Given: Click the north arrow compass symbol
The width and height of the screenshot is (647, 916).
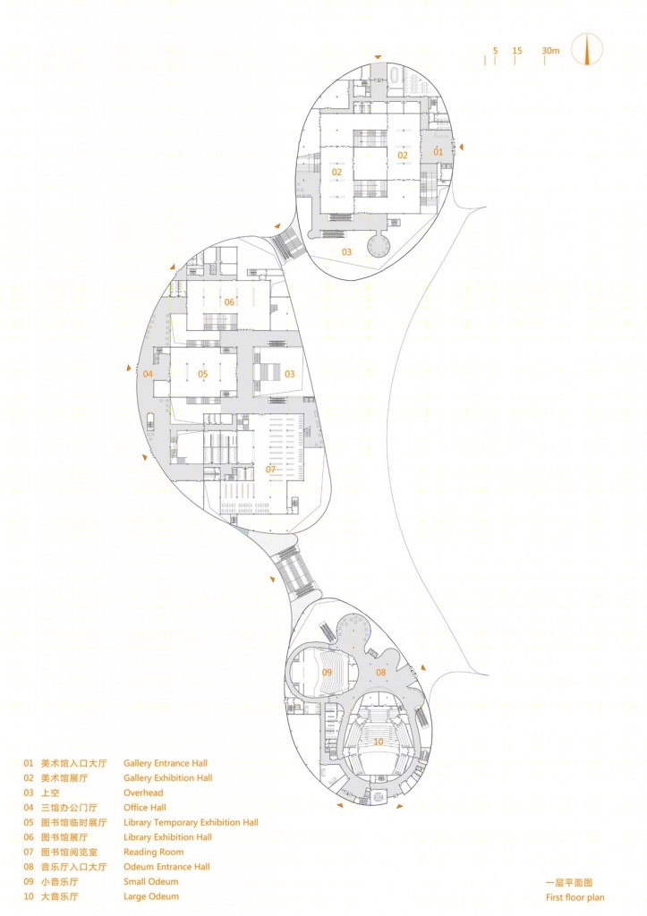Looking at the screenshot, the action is tap(586, 49).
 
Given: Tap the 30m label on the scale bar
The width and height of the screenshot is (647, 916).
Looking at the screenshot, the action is tap(550, 51).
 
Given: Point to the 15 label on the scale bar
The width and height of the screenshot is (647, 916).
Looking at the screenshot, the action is tap(517, 51).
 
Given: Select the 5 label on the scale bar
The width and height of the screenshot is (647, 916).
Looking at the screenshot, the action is tap(495, 51).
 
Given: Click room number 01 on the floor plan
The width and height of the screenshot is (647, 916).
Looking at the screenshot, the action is tap(438, 152).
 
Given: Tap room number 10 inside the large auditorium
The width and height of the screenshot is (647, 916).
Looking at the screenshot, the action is tap(379, 742).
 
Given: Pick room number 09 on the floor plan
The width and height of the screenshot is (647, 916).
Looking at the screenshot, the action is tap(327, 673).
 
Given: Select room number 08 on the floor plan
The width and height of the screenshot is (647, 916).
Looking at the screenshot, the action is tap(381, 673).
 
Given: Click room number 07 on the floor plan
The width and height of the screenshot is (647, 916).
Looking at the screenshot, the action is tap(270, 469).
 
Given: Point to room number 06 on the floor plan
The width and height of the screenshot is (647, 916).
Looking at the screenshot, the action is tap(229, 302).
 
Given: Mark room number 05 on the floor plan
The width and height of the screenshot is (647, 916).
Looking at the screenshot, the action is tap(203, 374).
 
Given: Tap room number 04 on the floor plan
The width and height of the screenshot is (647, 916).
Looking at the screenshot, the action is tap(148, 374).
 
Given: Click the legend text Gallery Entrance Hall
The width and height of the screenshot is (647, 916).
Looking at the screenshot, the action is tap(166, 763).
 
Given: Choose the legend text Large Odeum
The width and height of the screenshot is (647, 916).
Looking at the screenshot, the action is tap(151, 896).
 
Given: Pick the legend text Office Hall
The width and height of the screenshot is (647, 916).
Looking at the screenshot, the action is tap(145, 808).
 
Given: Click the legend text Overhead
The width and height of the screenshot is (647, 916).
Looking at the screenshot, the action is tap(143, 793).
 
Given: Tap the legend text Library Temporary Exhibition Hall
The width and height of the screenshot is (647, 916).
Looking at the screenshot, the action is tap(192, 823).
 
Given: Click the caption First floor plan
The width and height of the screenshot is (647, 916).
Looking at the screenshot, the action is tap(575, 897).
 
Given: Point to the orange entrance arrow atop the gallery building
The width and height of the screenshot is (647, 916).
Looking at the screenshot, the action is tap(379, 56).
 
